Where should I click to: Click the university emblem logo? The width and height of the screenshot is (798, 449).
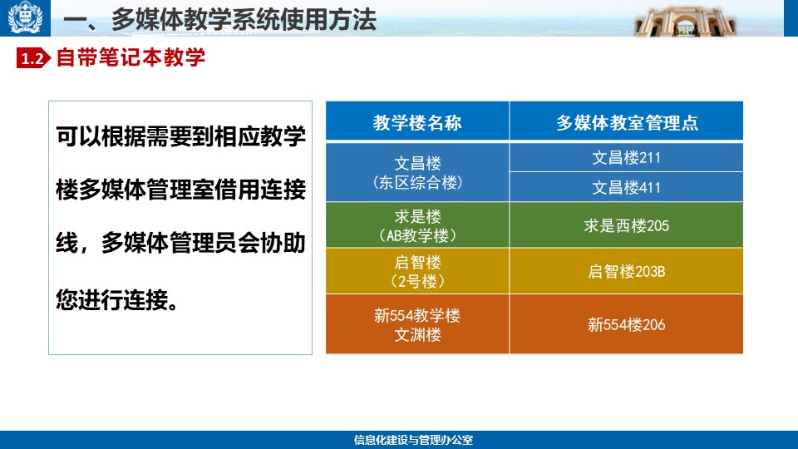click(25, 17)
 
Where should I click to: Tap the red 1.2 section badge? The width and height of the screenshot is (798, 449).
click(33, 58)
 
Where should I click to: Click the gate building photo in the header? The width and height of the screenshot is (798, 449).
click(685, 22)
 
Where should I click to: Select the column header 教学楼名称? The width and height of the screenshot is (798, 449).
click(417, 121)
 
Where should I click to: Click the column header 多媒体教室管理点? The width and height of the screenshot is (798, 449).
click(627, 121)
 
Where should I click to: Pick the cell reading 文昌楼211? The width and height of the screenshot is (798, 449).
click(627, 157)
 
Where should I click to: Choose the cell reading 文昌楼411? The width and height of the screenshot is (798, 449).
click(627, 187)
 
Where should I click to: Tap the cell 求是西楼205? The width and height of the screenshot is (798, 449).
click(627, 225)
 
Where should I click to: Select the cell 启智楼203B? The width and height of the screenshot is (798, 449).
click(627, 271)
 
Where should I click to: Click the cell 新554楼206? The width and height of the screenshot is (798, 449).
click(627, 323)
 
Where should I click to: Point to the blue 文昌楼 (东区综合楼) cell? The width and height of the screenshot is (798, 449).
click(417, 172)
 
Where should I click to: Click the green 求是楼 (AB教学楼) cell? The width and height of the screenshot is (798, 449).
click(417, 225)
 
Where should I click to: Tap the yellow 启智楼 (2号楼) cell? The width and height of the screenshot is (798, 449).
click(417, 271)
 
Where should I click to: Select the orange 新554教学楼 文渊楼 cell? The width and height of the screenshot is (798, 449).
click(417, 323)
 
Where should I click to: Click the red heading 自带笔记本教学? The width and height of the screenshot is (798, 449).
click(131, 57)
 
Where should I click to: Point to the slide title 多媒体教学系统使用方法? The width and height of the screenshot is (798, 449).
click(244, 20)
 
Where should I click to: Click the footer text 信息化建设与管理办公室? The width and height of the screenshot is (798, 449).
click(413, 440)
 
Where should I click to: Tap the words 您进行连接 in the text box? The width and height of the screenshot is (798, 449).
click(111, 299)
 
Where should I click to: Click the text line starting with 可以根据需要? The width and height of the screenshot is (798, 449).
click(180, 136)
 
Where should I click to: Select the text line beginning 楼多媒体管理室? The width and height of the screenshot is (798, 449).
click(180, 190)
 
